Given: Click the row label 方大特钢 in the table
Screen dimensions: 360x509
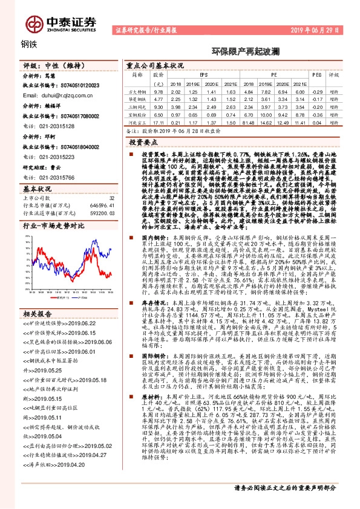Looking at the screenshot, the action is point(139,90).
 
